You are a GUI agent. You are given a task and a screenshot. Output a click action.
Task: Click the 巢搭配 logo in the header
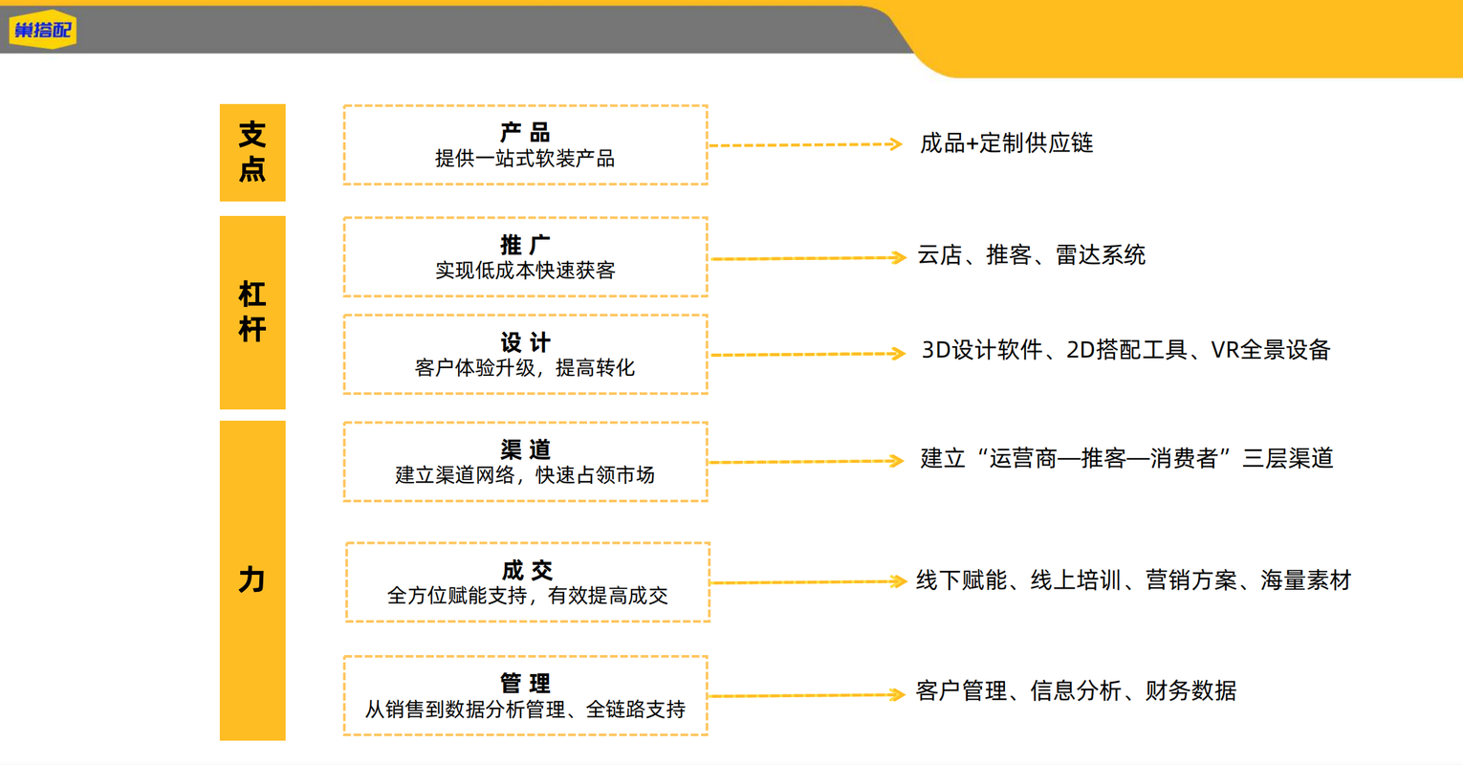(42, 30)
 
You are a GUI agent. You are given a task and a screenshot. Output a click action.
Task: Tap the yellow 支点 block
(252, 152)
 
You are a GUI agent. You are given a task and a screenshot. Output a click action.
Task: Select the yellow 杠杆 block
(252, 313)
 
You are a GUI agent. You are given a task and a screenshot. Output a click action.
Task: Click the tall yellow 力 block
(252, 580)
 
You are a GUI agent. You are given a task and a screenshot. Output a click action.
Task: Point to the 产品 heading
(525, 132)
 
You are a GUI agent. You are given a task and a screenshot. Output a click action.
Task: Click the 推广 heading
(525, 245)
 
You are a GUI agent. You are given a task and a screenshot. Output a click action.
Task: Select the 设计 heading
(525, 342)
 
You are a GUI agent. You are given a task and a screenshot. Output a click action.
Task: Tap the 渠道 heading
(525, 449)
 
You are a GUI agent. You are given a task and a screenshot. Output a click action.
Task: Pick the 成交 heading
(527, 570)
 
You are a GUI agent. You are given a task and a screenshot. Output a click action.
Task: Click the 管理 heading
(525, 684)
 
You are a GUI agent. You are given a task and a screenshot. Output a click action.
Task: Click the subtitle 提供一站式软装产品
(525, 158)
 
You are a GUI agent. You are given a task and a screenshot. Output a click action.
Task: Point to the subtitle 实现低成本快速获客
(525, 270)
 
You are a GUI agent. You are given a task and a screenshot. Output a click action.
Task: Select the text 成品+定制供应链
(1007, 143)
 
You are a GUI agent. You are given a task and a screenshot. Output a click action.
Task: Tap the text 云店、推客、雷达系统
(1032, 254)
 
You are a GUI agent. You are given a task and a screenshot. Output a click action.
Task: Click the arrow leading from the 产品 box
(806, 144)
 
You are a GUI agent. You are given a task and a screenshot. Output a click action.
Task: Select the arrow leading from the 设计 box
(808, 354)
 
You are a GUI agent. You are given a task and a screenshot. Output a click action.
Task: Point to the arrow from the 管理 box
(807, 695)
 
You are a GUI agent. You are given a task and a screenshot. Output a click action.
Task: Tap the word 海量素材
(1305, 580)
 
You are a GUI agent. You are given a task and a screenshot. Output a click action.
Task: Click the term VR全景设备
(1271, 350)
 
